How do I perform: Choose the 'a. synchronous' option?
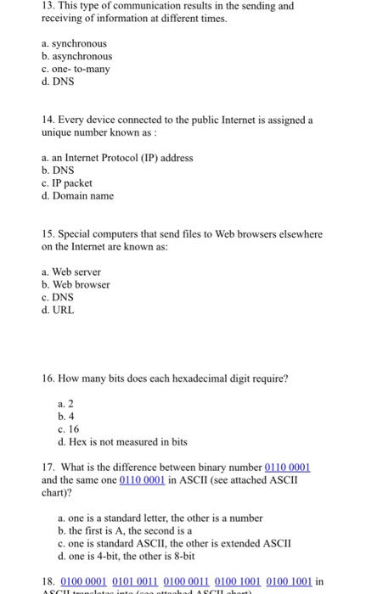point(74,42)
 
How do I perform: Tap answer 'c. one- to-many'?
point(76,69)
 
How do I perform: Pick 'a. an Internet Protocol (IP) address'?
point(116,158)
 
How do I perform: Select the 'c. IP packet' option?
point(66,183)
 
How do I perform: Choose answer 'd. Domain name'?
point(77,196)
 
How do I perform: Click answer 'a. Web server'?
point(71,272)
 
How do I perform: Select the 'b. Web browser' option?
point(76,284)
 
